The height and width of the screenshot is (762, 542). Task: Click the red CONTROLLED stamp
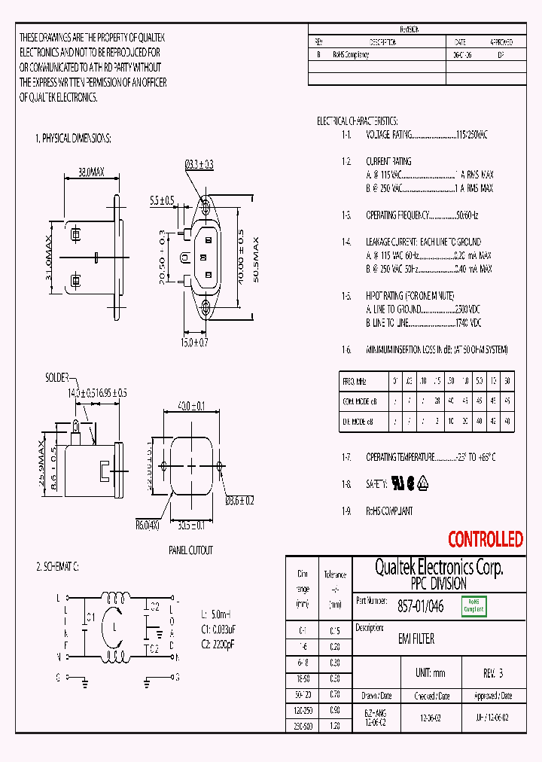click(x=485, y=539)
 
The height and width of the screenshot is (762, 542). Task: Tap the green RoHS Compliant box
click(x=474, y=605)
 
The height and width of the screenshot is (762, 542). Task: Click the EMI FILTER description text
click(x=416, y=639)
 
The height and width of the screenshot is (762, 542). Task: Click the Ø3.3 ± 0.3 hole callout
click(x=199, y=163)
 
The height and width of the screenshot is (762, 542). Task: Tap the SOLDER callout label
click(x=57, y=376)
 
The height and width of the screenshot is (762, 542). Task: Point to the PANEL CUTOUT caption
click(x=190, y=550)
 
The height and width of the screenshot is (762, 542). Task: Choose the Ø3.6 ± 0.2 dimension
click(x=240, y=499)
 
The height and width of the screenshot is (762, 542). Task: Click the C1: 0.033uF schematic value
click(x=221, y=629)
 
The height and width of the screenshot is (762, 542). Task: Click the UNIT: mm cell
click(x=431, y=672)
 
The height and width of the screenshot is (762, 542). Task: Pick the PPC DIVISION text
click(x=438, y=584)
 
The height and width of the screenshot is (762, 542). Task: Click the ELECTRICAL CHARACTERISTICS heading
click(x=357, y=120)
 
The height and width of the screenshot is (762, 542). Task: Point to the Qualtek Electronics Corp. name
click(x=438, y=568)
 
